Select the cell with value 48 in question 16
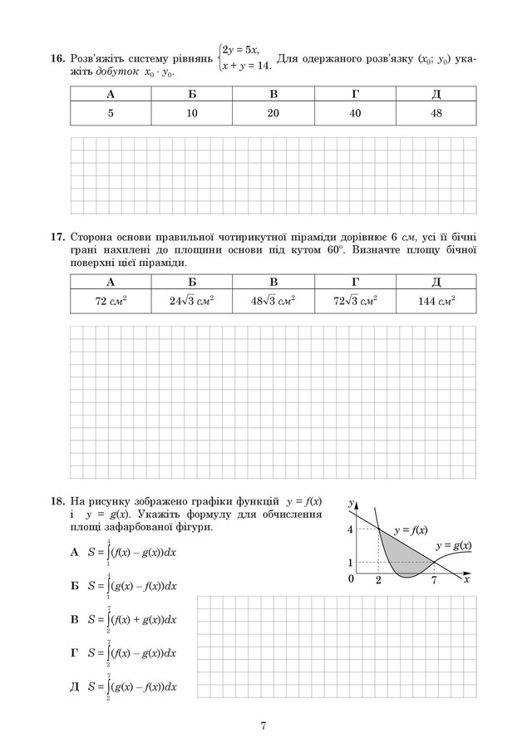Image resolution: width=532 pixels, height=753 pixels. coord(436,113)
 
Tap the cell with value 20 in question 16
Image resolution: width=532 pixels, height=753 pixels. coord(273,113)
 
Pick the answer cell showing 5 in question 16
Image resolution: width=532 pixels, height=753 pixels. coord(111,113)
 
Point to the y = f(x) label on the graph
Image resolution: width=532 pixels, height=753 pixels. coord(411,529)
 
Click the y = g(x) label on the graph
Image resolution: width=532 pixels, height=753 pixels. coord(454,545)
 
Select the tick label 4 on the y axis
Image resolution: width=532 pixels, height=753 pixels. coord(351,529)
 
